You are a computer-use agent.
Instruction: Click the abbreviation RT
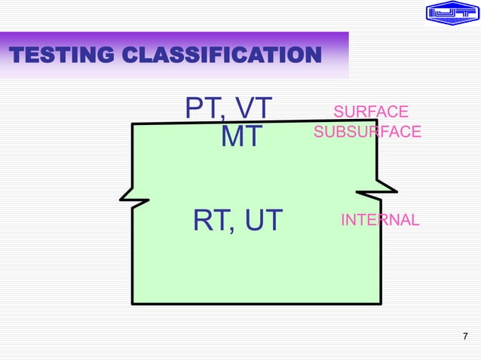pyautogui.click(x=210, y=221)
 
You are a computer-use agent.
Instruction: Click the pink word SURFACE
pyautogui.click(x=371, y=112)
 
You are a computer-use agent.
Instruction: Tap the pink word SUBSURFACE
pyautogui.click(x=367, y=132)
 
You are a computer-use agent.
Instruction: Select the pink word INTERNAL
pyautogui.click(x=380, y=220)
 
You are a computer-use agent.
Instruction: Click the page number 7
pyautogui.click(x=464, y=336)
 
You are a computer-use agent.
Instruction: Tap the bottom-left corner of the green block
pyautogui.click(x=133, y=304)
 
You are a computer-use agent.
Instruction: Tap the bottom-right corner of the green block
pyautogui.click(x=379, y=304)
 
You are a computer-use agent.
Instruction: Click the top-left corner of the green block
pyautogui.click(x=133, y=125)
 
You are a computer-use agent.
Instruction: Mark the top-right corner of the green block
pyautogui.click(x=375, y=119)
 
